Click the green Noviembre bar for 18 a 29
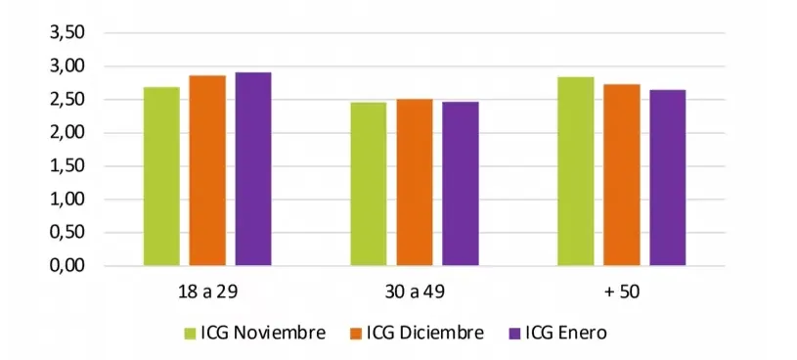pos(161,176)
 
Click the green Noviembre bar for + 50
pos(576,171)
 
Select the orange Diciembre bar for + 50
pos(622,175)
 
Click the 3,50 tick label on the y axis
pos(66,33)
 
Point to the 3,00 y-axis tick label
pos(66,67)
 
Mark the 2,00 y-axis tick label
pos(66,133)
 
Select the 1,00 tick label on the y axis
pos(66,200)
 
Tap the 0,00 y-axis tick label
pos(66,265)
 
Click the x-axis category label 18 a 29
pos(207,291)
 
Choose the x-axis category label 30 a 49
pos(415,291)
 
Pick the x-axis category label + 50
pos(622,291)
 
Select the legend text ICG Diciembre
pos(424,334)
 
